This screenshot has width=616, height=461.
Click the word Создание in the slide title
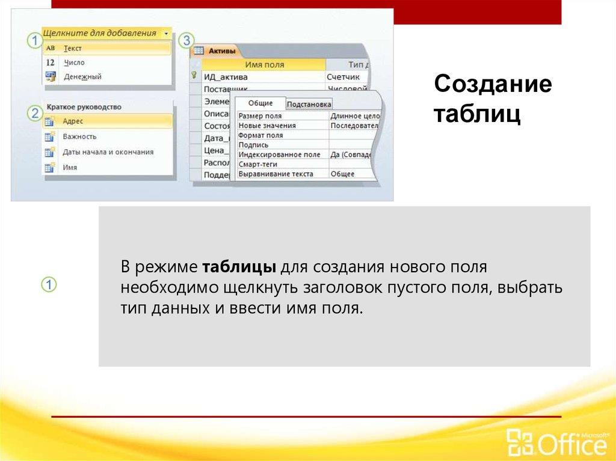493,85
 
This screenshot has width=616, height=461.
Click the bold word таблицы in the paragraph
239,266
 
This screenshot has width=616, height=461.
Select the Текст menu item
72,48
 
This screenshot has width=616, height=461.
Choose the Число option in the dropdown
74,63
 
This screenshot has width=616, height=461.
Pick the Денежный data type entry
82,77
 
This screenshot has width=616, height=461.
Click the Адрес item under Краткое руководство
73,121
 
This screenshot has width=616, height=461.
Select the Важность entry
79,136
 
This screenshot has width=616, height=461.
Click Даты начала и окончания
108,152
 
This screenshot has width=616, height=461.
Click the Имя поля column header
264,65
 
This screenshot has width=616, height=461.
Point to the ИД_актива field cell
226,77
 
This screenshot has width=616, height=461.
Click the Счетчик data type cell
343,77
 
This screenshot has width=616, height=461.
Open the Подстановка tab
309,105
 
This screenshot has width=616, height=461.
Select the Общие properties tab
260,103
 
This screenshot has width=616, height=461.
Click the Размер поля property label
260,116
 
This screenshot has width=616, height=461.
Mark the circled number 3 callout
186,40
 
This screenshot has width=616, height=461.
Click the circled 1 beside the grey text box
49,285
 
